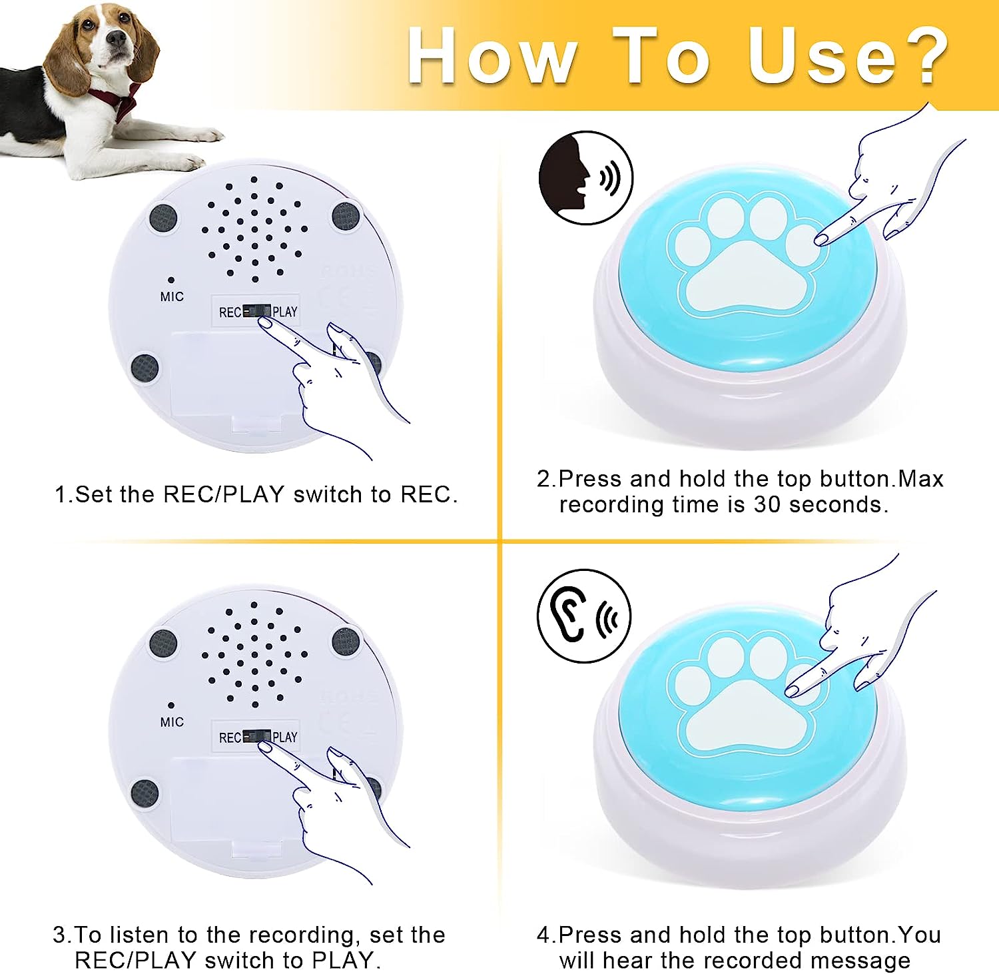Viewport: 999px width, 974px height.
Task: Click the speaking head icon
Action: point(585,177)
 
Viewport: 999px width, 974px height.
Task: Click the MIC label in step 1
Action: point(172,296)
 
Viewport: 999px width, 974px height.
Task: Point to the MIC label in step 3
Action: point(172,722)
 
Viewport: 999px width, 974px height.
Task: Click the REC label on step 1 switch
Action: point(230,312)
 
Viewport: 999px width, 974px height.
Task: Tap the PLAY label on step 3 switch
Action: point(285,737)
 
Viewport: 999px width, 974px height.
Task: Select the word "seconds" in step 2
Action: point(838,504)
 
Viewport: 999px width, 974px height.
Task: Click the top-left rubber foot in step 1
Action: point(163,218)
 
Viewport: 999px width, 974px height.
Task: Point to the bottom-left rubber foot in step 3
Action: point(145,793)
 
